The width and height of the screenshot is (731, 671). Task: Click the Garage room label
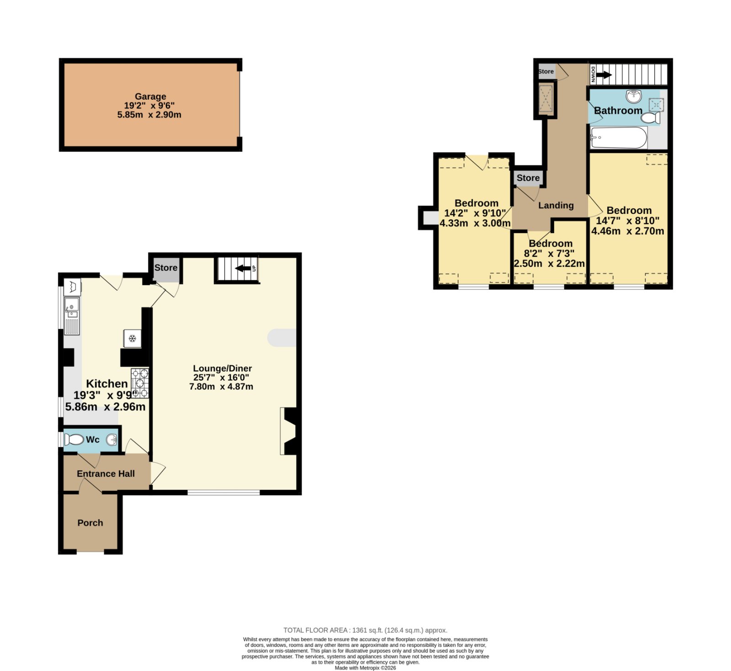tap(150, 96)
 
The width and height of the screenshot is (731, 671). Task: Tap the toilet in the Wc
tap(74, 440)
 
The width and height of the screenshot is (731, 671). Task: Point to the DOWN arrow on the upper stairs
tap(604, 75)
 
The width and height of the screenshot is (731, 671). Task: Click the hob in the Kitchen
tap(140, 383)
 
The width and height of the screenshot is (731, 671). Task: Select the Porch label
tap(90, 523)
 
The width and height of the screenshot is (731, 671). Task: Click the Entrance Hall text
tap(106, 474)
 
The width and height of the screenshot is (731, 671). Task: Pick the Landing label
tap(556, 206)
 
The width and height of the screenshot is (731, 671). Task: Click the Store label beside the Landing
tap(528, 178)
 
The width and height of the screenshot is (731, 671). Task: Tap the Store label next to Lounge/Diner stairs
tap(165, 268)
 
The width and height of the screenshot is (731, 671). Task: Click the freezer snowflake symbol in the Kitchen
tap(132, 339)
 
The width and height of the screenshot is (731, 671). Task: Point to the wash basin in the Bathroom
tap(634, 96)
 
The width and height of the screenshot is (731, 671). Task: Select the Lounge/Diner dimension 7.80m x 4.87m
tap(221, 387)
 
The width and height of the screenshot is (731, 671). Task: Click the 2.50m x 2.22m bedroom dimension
tap(549, 264)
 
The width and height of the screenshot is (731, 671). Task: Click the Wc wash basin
tap(112, 440)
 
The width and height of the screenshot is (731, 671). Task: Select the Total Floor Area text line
tap(365, 630)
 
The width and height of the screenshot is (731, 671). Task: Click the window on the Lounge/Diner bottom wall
tap(223, 492)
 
